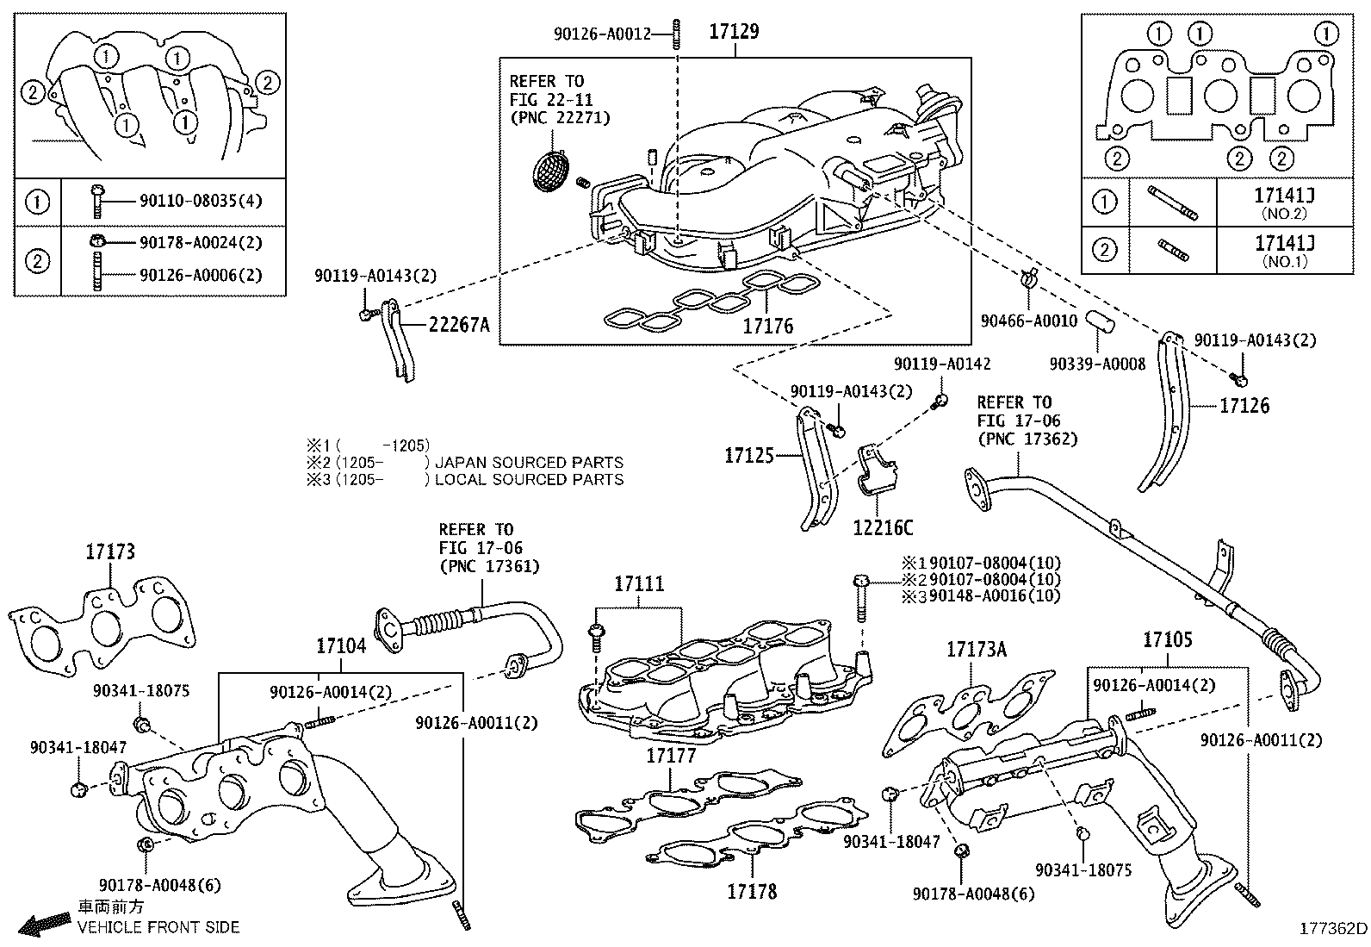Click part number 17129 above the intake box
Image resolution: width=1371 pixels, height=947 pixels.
pos(734,33)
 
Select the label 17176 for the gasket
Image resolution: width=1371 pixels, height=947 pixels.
pos(767,327)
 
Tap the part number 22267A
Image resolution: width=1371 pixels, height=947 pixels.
pos(459,325)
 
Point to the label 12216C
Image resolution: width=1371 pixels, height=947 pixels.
pos(884,527)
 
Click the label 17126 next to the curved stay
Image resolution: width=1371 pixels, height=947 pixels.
pos(1244,405)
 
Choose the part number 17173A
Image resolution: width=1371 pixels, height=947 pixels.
pos(976,649)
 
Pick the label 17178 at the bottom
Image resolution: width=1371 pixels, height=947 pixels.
pos(751,891)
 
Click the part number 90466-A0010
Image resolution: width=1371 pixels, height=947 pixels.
pos(1028,321)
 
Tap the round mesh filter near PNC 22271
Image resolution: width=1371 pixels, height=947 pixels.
pos(552,168)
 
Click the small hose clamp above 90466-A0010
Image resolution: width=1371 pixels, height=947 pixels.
pos(1027,278)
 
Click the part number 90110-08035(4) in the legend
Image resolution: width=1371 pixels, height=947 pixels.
pos(200,201)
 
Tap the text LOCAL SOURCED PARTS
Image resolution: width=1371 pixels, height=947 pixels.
pos(529,479)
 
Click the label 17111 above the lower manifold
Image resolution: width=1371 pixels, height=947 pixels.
pos(639,584)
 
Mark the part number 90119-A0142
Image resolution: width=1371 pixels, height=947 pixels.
pos(941,364)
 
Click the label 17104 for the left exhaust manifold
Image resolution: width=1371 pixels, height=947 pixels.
pos(340,645)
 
